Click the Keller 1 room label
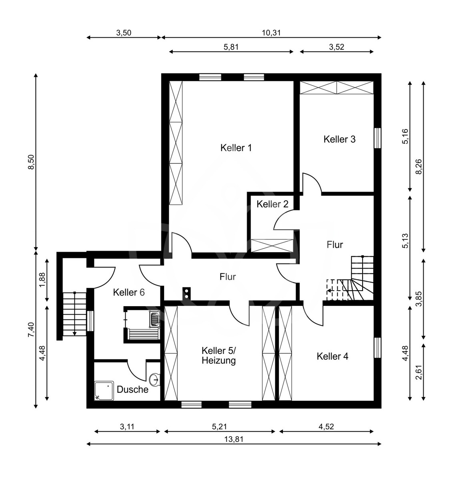[x=236, y=148]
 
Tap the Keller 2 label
[x=272, y=204]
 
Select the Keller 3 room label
[x=339, y=139]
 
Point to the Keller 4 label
[x=333, y=356]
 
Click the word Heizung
[x=218, y=361]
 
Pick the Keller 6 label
[x=129, y=292]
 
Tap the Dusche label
[x=132, y=390]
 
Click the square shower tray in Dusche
[x=104, y=390]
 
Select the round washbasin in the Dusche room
[x=155, y=379]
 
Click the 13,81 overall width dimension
[x=234, y=439]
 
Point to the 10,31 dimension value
[x=271, y=33]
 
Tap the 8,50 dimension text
[x=32, y=162]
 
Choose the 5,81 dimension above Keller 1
[x=231, y=47]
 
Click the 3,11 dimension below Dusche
[x=127, y=426]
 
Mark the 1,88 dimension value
[x=42, y=280]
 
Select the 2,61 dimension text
[x=419, y=372]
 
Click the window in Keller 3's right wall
[x=377, y=138]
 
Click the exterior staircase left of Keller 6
[x=74, y=314]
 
